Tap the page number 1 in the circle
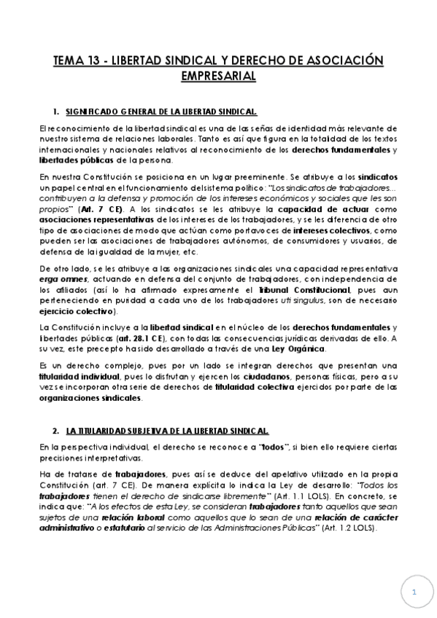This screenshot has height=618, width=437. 414,592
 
